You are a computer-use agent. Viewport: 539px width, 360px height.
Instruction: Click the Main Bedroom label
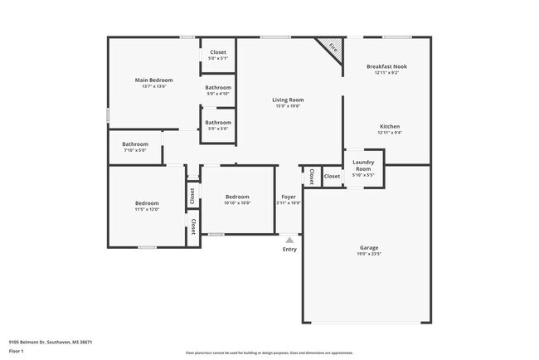pos(153,80)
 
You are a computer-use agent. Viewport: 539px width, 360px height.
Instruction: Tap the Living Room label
pos(288,100)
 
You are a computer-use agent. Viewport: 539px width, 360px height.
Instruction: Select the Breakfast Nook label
pos(386,66)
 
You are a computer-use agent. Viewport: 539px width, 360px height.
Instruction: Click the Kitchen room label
pos(390,127)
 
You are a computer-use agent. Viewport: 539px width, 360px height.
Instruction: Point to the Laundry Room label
pos(363,165)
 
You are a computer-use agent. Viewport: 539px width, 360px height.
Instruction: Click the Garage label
pos(369,247)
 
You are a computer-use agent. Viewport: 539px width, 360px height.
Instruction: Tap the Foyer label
pos(288,197)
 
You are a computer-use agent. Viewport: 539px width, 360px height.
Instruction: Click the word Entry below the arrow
pos(289,249)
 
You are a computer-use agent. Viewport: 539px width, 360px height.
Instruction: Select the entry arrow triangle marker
pos(289,239)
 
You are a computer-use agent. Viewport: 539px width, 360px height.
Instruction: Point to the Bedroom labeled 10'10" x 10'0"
pos(237,197)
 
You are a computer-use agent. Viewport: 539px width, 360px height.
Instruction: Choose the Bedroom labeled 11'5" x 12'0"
pos(147,203)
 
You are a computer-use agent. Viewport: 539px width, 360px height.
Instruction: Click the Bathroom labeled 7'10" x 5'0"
pos(135,144)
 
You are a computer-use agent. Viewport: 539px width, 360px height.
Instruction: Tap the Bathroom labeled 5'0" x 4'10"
pos(218,88)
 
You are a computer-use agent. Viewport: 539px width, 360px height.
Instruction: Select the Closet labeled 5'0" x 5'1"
pos(218,53)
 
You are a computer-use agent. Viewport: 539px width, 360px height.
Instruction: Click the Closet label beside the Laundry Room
pos(332,177)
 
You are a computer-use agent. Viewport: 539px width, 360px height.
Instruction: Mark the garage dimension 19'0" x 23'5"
pos(369,255)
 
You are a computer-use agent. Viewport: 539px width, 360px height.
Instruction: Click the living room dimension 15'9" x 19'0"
pos(288,106)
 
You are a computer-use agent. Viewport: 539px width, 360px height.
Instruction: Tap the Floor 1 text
pos(17,351)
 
